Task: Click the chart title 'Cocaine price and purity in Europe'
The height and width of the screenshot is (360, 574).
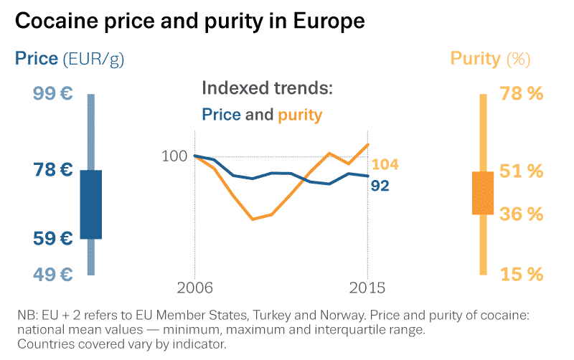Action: click(x=189, y=21)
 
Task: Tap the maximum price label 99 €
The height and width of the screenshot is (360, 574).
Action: click(x=52, y=94)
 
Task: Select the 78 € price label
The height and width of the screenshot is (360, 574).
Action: click(x=53, y=170)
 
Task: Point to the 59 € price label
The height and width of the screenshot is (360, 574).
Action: click(x=53, y=238)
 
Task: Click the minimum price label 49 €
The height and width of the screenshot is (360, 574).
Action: click(x=53, y=274)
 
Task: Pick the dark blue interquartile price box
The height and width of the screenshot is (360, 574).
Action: click(x=91, y=204)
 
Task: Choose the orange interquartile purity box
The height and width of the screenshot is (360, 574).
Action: click(x=483, y=193)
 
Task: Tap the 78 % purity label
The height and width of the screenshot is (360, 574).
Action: click(x=520, y=94)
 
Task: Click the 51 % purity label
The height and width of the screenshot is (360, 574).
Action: click(x=520, y=171)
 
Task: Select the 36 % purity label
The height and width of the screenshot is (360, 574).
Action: click(x=520, y=214)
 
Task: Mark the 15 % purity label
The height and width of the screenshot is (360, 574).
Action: click(x=520, y=274)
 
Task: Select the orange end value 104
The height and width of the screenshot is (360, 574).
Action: click(x=385, y=165)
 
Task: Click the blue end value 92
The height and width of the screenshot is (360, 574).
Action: click(x=380, y=186)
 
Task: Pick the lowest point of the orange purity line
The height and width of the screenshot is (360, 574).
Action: click(x=253, y=219)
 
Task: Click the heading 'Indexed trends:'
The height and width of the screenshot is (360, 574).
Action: click(x=268, y=89)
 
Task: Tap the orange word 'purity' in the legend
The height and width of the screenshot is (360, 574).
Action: click(x=300, y=115)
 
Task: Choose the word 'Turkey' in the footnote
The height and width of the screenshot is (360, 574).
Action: click(x=261, y=316)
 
